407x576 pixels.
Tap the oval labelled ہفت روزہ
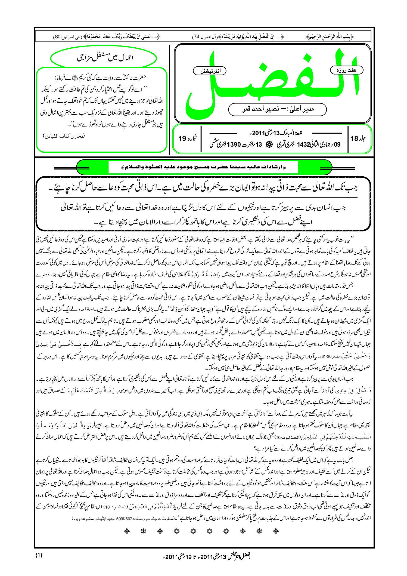346,70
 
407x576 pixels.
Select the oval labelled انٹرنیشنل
210,71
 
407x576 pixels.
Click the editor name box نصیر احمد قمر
277,109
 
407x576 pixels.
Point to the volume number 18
354,138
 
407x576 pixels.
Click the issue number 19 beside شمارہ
182,138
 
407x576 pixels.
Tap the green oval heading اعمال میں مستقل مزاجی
104,58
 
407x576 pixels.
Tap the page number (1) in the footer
39,555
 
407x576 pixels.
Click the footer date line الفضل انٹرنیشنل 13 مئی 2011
203,556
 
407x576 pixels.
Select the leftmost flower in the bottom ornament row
127,531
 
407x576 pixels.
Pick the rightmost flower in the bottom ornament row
276,531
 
